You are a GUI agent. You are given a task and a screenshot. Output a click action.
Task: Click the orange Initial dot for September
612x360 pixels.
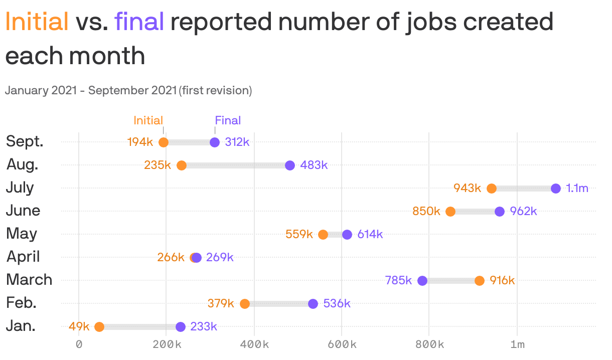click(164, 142)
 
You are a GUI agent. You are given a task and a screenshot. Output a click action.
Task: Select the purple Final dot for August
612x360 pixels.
click(290, 165)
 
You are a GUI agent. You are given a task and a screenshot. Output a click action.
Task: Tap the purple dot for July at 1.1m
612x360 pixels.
click(556, 189)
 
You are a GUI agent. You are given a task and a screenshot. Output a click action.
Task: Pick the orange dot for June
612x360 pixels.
click(450, 212)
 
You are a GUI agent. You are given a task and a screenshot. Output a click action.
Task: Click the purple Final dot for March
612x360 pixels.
click(422, 281)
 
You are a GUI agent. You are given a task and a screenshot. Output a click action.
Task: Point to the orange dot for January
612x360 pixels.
click(99, 327)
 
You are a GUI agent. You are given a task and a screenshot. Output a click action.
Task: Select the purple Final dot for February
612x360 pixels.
click(313, 304)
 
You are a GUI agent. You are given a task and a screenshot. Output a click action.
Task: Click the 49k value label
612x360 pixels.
click(79, 327)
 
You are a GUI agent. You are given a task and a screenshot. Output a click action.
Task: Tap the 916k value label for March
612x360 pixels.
click(502, 281)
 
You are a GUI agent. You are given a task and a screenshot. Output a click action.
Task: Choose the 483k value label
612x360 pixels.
click(314, 165)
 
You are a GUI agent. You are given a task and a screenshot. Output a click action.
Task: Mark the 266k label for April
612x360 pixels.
click(171, 258)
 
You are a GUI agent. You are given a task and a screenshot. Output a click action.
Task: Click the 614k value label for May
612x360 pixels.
click(370, 235)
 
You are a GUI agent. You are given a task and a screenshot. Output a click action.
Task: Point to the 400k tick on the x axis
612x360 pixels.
click(254, 345)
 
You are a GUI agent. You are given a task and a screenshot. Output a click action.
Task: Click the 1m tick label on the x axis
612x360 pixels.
click(517, 345)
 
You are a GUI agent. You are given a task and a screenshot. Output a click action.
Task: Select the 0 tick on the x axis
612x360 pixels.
click(79, 345)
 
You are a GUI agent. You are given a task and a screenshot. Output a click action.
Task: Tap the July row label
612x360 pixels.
click(20, 188)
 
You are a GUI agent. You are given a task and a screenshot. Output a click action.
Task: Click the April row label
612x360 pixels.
click(23, 257)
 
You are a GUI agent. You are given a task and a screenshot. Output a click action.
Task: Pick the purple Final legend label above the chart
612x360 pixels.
click(228, 120)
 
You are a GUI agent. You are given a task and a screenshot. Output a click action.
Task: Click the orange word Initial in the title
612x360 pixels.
click(37, 22)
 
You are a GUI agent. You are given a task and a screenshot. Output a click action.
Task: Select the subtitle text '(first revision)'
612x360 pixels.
click(215, 91)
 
